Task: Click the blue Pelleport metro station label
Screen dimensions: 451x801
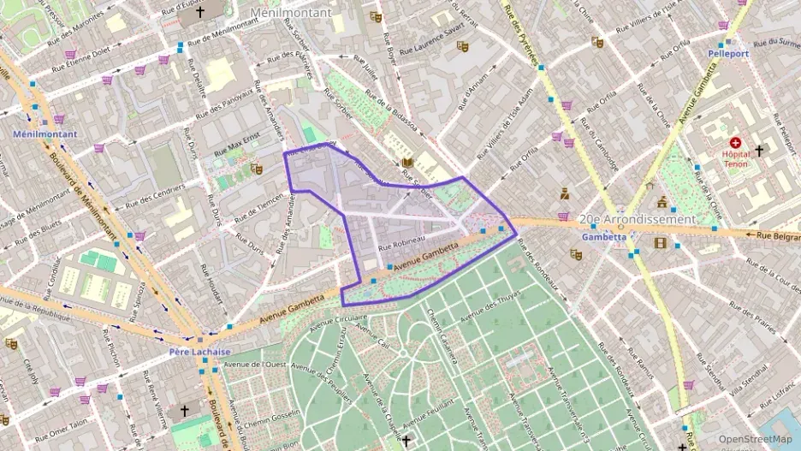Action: [728, 53]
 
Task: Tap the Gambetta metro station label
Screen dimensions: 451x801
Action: [599, 236]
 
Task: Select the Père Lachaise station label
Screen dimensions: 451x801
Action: [199, 352]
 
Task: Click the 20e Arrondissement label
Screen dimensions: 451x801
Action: [638, 219]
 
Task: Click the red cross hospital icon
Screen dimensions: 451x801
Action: [734, 143]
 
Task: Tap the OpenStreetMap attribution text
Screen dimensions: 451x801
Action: [755, 439]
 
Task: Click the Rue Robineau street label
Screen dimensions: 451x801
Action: [402, 243]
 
